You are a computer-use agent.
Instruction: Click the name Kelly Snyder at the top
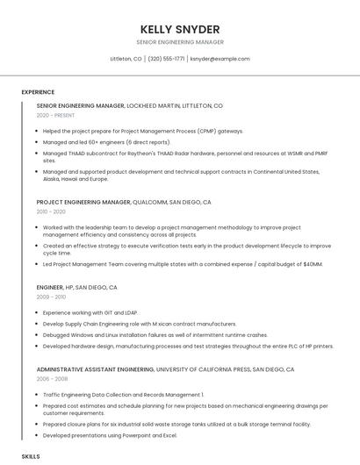coord(179,29)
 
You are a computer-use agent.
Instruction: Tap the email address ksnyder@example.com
coord(220,59)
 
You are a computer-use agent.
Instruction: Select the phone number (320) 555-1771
coord(166,59)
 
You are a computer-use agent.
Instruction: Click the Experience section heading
coord(38,91)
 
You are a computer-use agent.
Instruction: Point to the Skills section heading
coord(31,456)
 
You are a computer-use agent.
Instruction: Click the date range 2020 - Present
coord(55,115)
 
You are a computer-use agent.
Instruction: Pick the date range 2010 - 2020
coord(51,211)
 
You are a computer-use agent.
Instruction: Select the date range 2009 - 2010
coord(51,297)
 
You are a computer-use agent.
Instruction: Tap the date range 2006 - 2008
coord(52,379)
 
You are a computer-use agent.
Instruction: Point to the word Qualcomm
coord(149,202)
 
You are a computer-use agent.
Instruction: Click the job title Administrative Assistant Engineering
coord(97,369)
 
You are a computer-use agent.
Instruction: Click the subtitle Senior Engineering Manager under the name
coord(179,42)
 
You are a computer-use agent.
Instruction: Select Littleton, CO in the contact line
coord(126,59)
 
